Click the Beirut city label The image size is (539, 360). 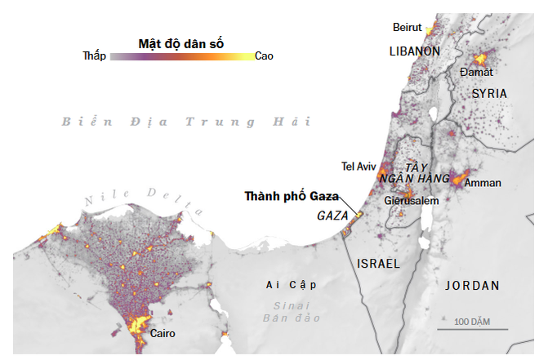(x=407, y=27)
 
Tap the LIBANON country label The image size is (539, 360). (x=414, y=51)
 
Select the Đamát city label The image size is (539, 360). (x=476, y=73)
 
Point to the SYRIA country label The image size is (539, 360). (x=489, y=94)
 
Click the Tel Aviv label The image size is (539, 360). (x=358, y=167)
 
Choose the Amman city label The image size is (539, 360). (x=483, y=183)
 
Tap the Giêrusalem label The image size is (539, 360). (x=412, y=201)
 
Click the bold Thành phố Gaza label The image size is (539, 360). (x=292, y=196)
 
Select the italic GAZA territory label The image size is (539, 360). (x=332, y=216)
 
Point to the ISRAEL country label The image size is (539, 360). (x=378, y=264)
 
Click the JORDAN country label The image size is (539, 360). (x=472, y=286)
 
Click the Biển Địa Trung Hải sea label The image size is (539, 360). (x=187, y=122)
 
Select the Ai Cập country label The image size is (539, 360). (x=291, y=285)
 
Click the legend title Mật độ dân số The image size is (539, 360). (x=181, y=42)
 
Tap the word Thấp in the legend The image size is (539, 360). (x=95, y=56)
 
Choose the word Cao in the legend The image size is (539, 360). (x=264, y=56)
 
